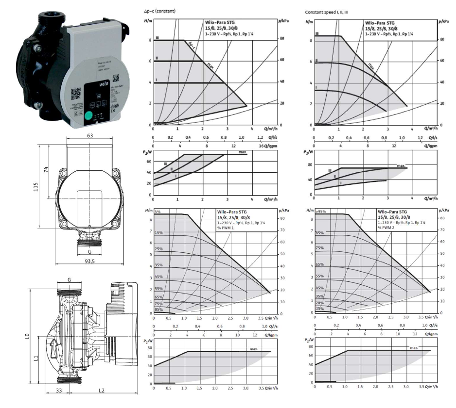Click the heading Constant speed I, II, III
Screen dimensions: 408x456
click(326, 11)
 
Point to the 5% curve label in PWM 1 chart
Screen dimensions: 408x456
click(158, 212)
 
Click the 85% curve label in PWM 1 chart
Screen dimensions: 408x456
click(158, 310)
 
